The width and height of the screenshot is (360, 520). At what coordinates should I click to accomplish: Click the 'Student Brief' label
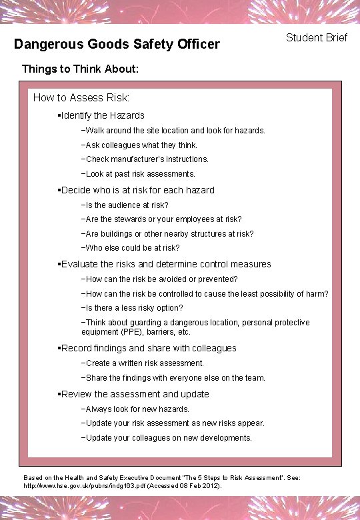coord(317,37)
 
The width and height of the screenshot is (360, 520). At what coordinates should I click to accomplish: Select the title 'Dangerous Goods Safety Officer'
coord(117,45)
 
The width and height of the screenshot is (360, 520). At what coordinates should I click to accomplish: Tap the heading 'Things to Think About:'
coord(80,69)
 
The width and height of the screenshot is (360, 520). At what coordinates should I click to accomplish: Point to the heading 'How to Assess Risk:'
coord(81,97)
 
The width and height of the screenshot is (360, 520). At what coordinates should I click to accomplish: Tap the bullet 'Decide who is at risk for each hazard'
coord(137,190)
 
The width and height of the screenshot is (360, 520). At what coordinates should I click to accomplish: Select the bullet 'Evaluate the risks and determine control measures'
coord(166,264)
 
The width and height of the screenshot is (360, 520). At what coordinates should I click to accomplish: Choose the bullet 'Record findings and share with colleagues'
coord(148,348)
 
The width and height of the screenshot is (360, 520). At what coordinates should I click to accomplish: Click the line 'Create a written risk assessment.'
coord(145,363)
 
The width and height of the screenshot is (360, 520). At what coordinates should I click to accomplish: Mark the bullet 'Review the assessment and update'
coord(135,394)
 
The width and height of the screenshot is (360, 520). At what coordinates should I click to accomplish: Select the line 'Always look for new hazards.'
coord(137,409)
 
